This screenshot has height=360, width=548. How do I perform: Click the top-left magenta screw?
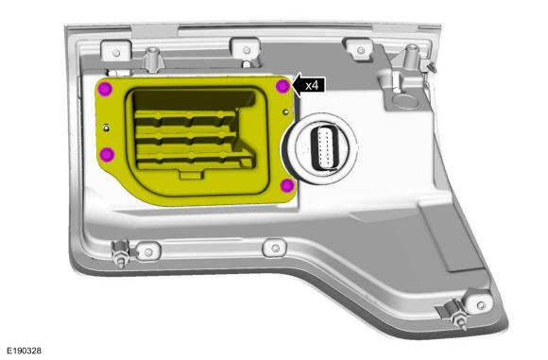point(105,89)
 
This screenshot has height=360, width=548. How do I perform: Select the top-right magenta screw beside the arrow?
point(283,86)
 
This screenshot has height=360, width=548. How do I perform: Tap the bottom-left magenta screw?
point(107,155)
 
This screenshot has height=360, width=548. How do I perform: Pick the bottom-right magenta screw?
point(287,185)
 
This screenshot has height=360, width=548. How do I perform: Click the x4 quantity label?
point(312,85)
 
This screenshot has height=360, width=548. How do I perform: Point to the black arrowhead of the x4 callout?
point(297,85)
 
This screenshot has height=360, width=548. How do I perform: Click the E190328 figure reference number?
point(25,351)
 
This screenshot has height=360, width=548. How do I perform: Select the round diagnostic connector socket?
point(322,148)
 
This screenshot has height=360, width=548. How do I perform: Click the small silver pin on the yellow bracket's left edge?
point(106,128)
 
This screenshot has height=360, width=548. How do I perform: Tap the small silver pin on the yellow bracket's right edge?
point(286,111)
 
